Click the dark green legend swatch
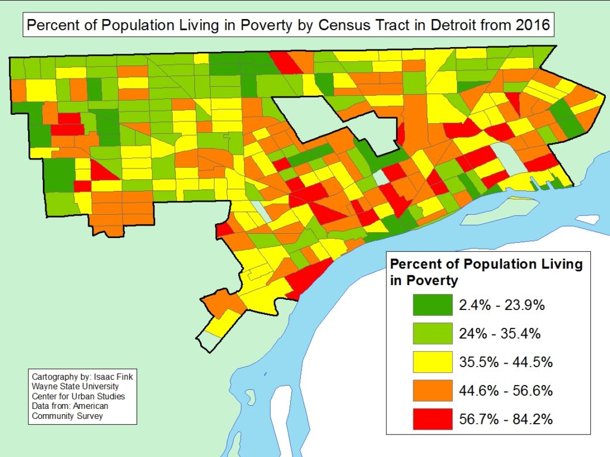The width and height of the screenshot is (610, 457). point(432,305)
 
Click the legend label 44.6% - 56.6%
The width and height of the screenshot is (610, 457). point(506,391)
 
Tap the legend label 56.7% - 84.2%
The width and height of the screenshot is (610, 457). point(506,420)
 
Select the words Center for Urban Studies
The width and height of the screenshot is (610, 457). point(79,397)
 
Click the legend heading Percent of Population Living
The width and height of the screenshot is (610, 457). point(485,264)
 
